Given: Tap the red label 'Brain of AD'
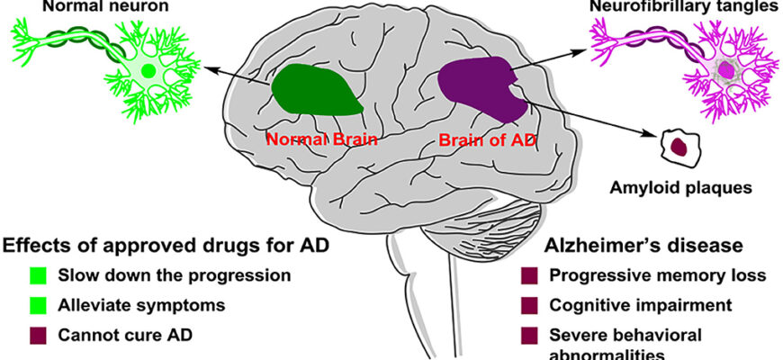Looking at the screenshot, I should coord(482,140).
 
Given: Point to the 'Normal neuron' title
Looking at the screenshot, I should coord(85,7).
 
